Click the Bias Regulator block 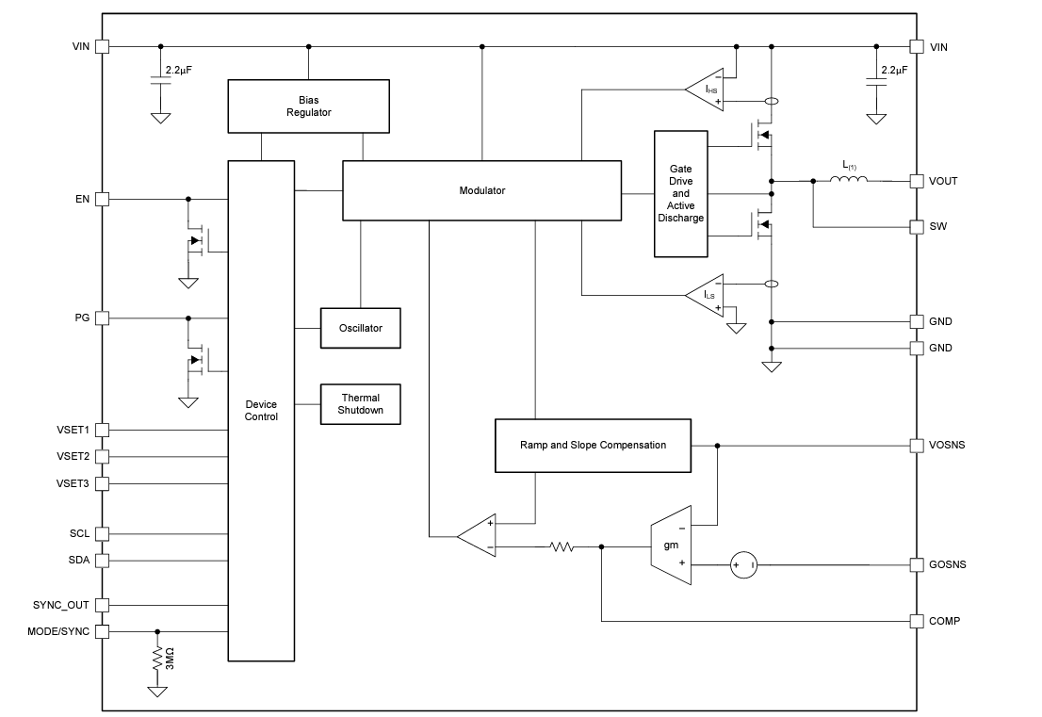coord(308,106)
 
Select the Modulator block coord(481,190)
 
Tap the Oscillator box coord(360,328)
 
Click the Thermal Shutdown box coord(360,404)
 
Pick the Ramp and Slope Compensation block coord(593,445)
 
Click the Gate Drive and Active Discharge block coord(680,193)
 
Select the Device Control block coord(261,410)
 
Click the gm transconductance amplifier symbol coord(672,545)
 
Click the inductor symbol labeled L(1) coord(849,179)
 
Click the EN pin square coord(103,199)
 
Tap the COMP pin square coord(916,621)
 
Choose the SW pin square coord(916,227)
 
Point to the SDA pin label coord(79,560)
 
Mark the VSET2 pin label coord(73,456)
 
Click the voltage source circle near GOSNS coord(741,565)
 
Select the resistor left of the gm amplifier coord(562,546)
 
